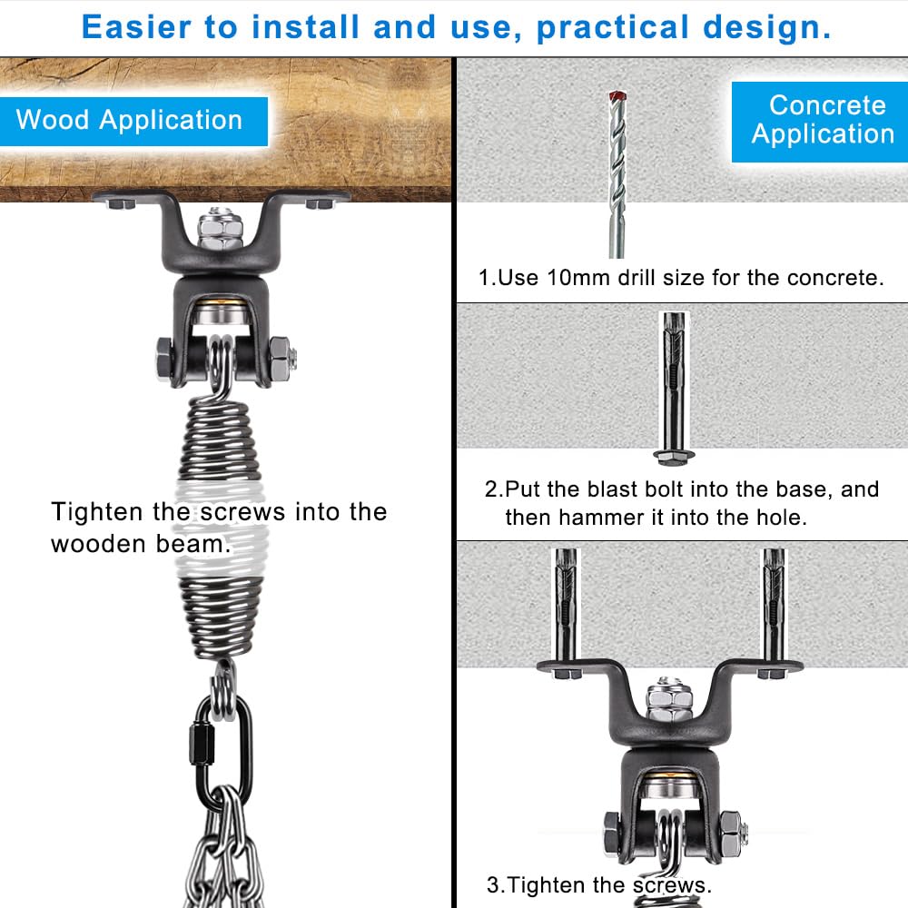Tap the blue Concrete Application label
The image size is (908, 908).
[x=823, y=120]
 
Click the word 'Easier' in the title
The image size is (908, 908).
[x=137, y=27]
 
